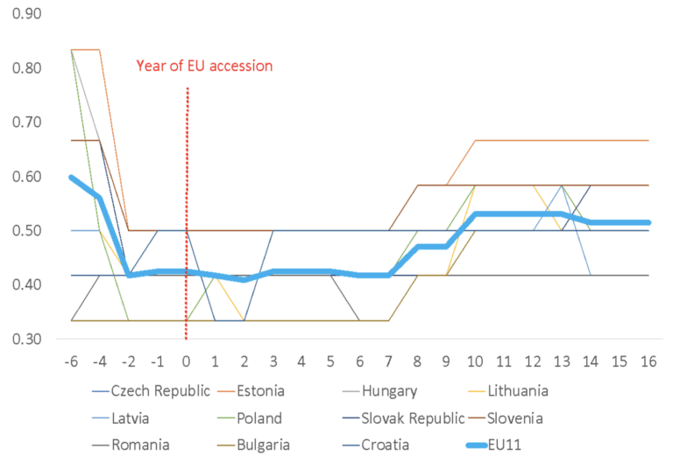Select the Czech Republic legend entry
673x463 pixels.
[151, 391]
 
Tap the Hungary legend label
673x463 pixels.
[379, 391]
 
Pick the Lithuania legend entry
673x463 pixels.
[508, 391]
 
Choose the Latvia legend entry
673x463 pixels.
[121, 418]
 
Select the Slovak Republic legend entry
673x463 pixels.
[404, 418]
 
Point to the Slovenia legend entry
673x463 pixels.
[506, 418]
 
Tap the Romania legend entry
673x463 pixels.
[131, 445]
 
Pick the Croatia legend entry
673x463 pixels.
[376, 445]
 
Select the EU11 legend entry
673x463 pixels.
[494, 445]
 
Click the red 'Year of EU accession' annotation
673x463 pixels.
[204, 66]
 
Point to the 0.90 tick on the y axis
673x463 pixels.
[26, 14]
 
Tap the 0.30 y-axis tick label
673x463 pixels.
[26, 339]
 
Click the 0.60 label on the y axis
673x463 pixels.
[26, 177]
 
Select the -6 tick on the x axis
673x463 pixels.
[71, 361]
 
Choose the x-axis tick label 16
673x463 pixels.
[648, 361]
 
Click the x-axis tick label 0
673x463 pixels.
[187, 361]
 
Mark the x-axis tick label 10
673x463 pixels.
[475, 361]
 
